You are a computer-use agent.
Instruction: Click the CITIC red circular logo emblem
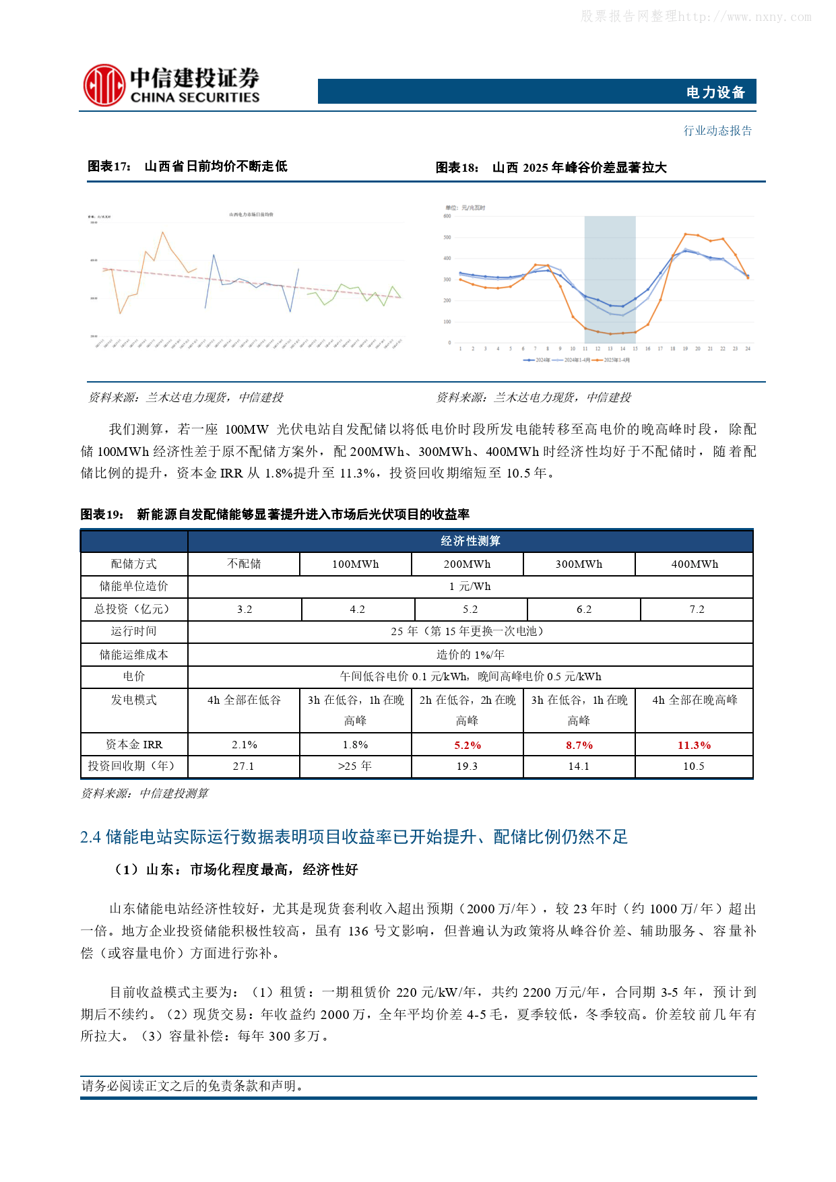pos(104,85)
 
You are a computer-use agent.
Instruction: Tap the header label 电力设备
pos(715,92)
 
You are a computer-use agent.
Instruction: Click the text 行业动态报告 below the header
pos(717,131)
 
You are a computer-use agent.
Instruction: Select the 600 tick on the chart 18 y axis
pos(447,216)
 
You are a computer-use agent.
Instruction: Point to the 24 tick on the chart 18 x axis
pos(748,349)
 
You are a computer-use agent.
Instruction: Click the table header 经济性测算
pos(470,541)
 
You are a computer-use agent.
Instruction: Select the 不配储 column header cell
pos(244,564)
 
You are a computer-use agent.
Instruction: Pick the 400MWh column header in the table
pos(695,564)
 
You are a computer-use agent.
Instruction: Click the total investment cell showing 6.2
pos(584,610)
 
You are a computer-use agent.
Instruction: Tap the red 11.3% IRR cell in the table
pos(694,746)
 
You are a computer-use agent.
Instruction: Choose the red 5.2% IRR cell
pos(468,746)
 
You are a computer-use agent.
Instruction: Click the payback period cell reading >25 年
pos(355,766)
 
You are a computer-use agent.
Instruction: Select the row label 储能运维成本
pos(134,655)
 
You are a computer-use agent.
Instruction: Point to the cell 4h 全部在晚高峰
pos(695,700)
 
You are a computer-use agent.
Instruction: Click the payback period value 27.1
pos(244,766)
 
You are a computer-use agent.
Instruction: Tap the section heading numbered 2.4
pos(354,837)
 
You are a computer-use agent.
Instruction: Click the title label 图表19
pos(102,515)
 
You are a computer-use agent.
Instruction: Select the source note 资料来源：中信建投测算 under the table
pos(145,793)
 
